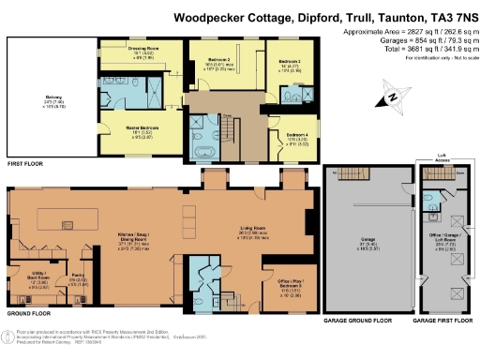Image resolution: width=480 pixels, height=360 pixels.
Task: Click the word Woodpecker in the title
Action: [225, 16]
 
